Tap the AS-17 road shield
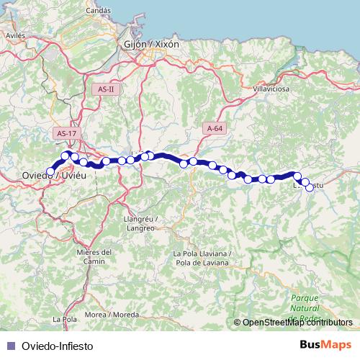[66, 133]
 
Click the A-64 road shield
[214, 127]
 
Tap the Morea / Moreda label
[111, 315]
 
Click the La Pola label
[66, 318]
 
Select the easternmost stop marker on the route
[310, 187]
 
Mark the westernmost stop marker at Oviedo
[50, 171]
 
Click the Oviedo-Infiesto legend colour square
[9, 345]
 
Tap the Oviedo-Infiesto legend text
[58, 345]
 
